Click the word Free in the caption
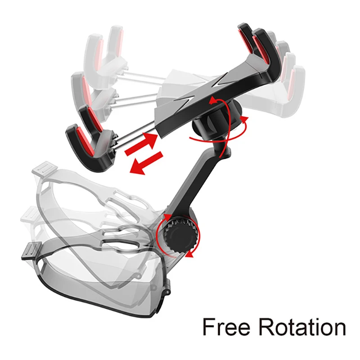point(226,327)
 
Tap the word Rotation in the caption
point(302,327)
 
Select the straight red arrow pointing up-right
point(141,144)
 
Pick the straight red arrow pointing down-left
point(146,163)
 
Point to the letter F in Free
point(209,327)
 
